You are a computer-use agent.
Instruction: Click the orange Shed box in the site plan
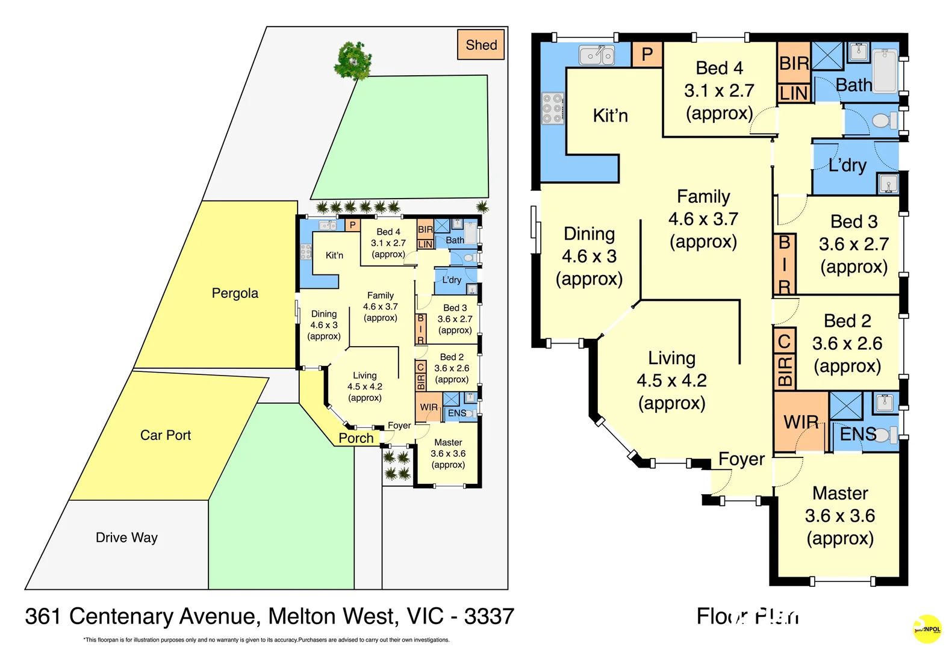[481, 45]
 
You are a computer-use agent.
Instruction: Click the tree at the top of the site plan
[353, 60]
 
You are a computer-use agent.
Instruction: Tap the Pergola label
[235, 293]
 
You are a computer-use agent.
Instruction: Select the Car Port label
[165, 435]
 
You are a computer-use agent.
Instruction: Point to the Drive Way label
[126, 537]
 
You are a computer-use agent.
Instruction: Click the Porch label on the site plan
[356, 438]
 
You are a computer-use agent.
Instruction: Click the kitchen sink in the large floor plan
[596, 55]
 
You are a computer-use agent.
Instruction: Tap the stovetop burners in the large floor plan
[553, 108]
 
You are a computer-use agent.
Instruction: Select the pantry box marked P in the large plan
[647, 55]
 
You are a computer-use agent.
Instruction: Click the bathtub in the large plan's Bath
[885, 72]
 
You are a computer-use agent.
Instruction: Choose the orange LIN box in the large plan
[793, 93]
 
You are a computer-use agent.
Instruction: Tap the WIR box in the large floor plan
[800, 422]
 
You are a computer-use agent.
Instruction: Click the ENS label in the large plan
[857, 434]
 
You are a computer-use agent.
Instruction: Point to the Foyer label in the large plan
[741, 459]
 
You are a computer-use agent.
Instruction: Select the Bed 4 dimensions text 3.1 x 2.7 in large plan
[719, 91]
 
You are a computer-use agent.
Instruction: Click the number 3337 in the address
[489, 616]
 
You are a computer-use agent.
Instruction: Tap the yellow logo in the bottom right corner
[927, 629]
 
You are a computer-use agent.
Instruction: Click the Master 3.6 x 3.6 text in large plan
[839, 515]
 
